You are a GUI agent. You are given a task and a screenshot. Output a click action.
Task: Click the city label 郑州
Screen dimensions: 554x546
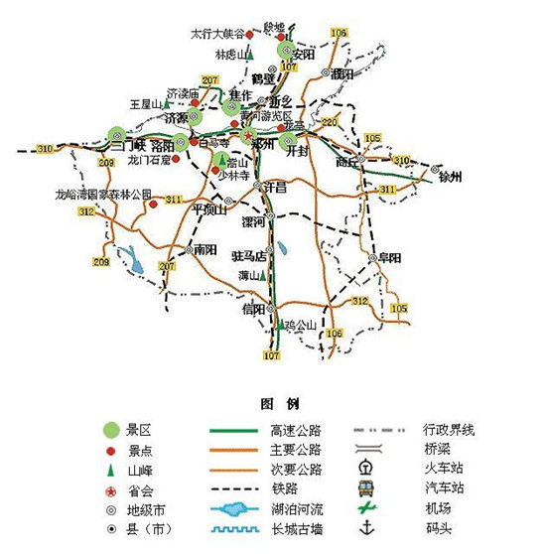[x=263, y=144]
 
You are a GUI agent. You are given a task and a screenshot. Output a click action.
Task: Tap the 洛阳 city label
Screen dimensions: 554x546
[x=163, y=146]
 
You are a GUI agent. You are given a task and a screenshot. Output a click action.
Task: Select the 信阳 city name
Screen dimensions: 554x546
[x=253, y=309]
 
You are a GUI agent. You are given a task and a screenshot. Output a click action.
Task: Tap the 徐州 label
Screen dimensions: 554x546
[x=450, y=178]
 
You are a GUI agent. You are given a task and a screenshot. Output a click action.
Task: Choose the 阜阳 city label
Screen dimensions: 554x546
[x=390, y=258]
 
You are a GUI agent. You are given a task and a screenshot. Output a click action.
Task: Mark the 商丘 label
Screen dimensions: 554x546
[x=346, y=160]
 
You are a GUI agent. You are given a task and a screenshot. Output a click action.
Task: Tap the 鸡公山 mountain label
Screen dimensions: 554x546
[x=298, y=324]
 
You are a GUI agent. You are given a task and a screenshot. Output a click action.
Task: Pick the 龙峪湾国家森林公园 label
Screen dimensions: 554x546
[x=104, y=195]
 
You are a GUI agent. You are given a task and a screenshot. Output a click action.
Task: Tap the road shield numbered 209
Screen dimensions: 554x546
[x=101, y=261]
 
